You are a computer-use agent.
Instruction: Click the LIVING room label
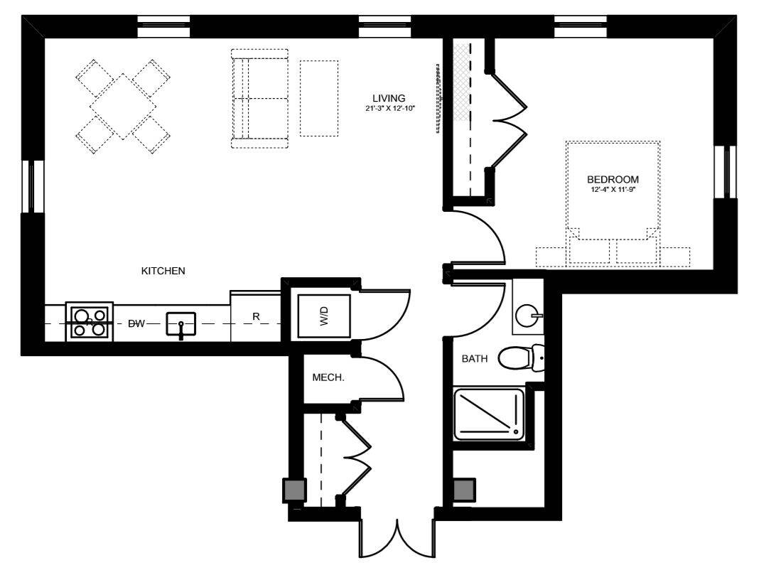point(389,98)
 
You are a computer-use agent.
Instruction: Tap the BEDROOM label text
point(613,179)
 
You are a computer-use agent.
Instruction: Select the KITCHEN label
point(163,271)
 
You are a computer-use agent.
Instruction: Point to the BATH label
point(475,358)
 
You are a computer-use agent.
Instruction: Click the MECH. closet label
point(328,377)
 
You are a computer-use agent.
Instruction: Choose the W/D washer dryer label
point(324,316)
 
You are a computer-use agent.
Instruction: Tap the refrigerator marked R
point(255,316)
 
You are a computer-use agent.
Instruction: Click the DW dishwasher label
point(136,323)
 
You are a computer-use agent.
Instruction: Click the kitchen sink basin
point(180,324)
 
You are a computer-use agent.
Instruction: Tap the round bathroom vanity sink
point(527,316)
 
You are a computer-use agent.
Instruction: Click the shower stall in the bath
point(489,414)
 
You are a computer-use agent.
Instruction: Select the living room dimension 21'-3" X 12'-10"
point(390,109)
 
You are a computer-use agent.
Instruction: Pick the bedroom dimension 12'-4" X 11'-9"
point(613,190)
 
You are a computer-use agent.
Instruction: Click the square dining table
point(123,107)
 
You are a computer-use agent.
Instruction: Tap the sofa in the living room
point(260,98)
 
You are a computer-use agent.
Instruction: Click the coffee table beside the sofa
point(319,98)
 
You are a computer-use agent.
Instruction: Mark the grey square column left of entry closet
point(295,490)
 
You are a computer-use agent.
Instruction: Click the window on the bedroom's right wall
point(725,171)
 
